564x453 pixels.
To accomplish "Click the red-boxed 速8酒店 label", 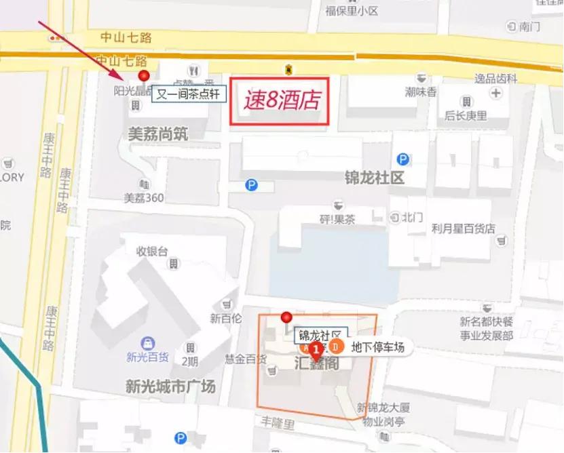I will (x=280, y=101).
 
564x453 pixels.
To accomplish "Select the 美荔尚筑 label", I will (x=158, y=134).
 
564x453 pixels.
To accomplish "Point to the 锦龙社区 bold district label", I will (x=374, y=178).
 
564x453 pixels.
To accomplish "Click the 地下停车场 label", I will (x=377, y=347).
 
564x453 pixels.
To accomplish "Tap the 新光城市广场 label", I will (x=170, y=387).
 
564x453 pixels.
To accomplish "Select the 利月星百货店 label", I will (x=464, y=229).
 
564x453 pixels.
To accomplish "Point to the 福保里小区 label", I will (x=351, y=10).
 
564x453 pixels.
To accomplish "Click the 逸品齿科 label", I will (x=497, y=78).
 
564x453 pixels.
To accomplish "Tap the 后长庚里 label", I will (x=466, y=115).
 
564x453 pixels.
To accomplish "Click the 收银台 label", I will (x=152, y=251).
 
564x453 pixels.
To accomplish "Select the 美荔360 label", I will (x=144, y=198).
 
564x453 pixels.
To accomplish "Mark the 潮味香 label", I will (x=421, y=92).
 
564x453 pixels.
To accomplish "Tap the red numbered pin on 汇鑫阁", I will (x=316, y=349).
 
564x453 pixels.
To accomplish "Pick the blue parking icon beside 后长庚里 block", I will (x=403, y=159).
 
